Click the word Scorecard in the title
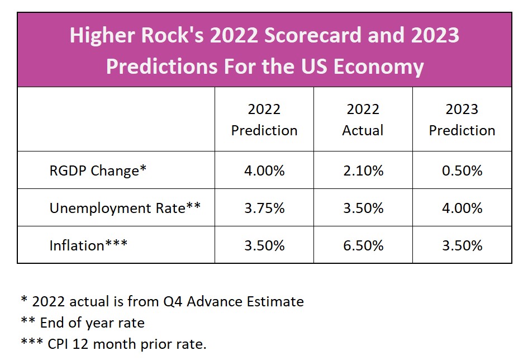pos(312,35)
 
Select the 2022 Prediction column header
pos(264,120)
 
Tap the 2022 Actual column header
pos(363,120)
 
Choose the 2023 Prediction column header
pos(462,120)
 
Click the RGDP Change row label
pos(98,170)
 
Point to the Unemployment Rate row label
pos(125,208)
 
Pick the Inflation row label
pos(88,245)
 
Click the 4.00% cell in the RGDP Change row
pos(264,170)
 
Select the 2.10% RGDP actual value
pos(363,170)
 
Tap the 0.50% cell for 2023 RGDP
pos(462,170)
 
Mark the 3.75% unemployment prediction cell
pos(264,208)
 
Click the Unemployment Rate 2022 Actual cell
pos(363,208)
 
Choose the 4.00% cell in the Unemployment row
pos(462,208)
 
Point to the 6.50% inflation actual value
pos(363,245)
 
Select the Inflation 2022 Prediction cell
pos(264,245)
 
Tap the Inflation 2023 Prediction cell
pos(462,245)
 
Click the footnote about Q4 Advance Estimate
pos(163,301)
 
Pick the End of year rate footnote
pos(83,323)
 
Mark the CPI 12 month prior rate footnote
pos(114,344)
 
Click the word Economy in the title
pos(379,67)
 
